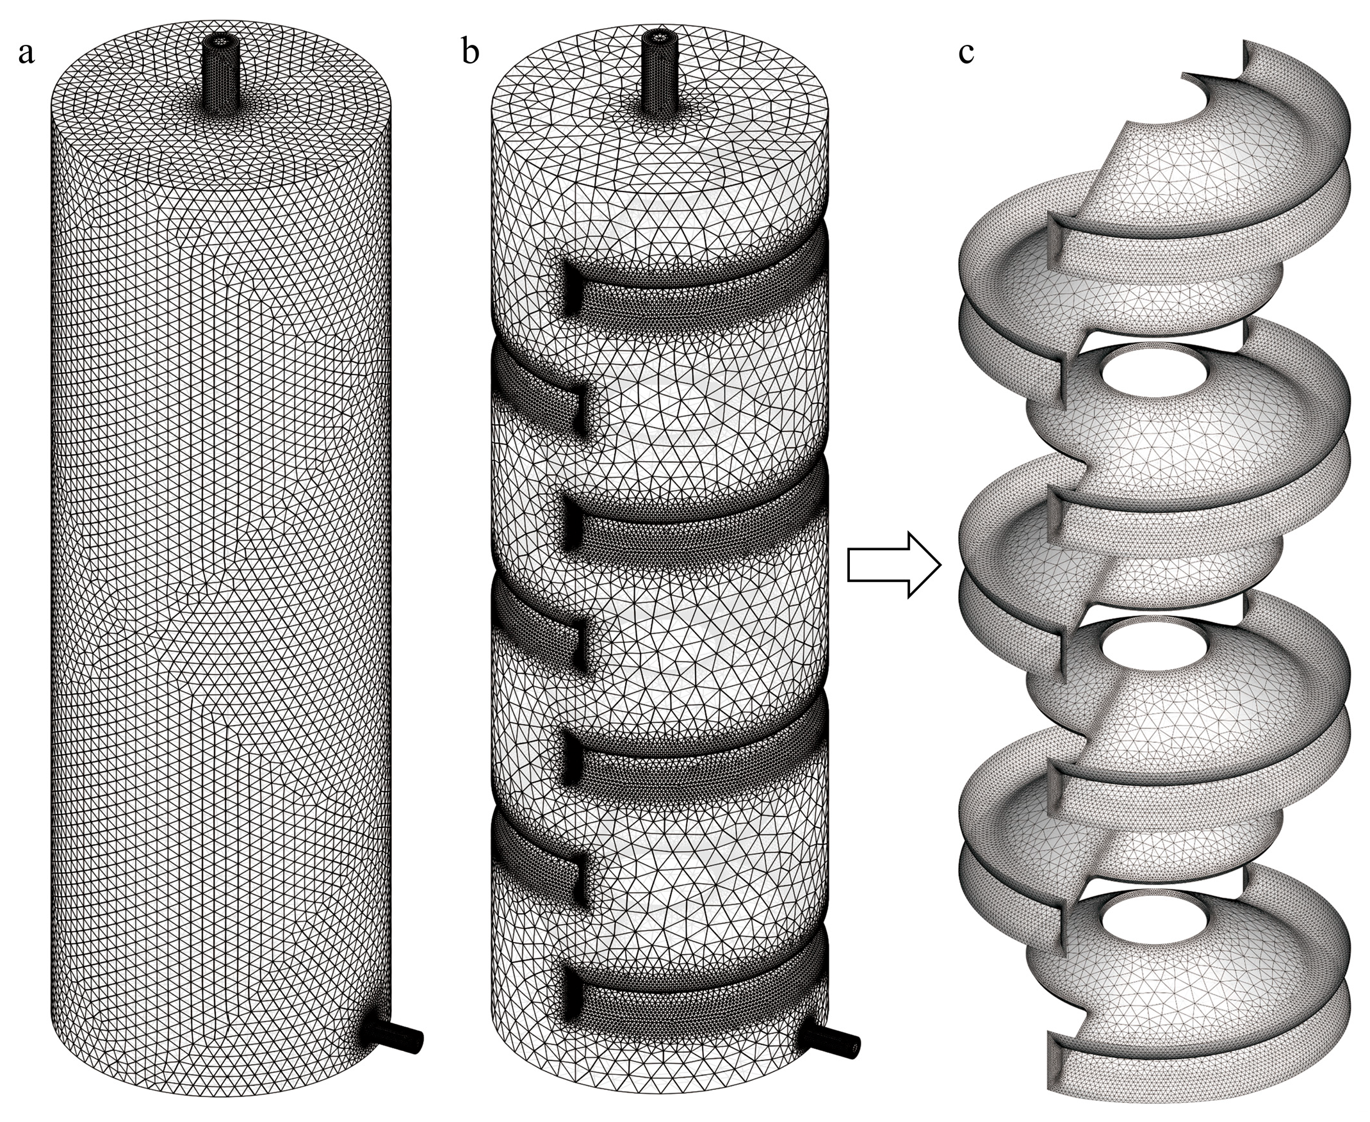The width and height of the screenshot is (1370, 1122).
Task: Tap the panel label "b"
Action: pyautogui.click(x=471, y=51)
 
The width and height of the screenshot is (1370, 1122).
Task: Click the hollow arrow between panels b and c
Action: pyautogui.click(x=893, y=564)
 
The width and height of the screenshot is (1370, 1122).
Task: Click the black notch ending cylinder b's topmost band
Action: pyautogui.click(x=571, y=288)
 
